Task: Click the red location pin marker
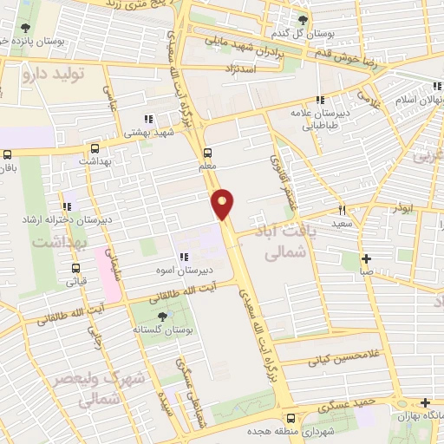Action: click(x=224, y=203)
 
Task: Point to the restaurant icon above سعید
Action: click(x=341, y=210)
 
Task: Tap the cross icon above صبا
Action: click(x=367, y=258)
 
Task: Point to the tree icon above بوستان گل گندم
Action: click(x=303, y=19)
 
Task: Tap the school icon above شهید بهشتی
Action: click(x=148, y=119)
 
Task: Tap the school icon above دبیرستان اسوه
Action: click(x=183, y=257)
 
